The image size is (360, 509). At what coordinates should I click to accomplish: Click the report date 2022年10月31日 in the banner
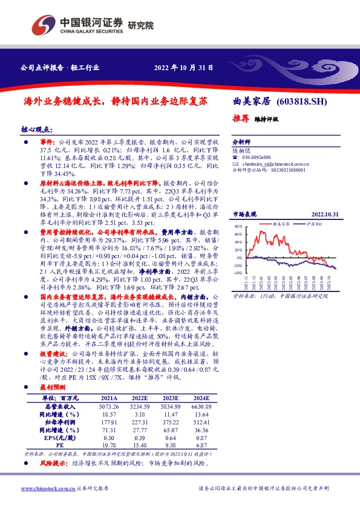183,68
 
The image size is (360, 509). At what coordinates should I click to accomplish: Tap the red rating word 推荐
242,118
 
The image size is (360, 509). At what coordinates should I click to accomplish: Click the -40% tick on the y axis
237,273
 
